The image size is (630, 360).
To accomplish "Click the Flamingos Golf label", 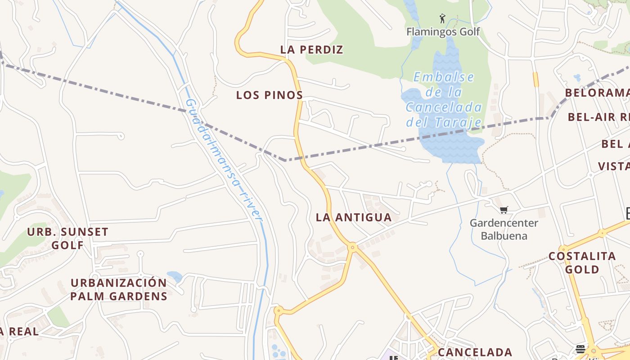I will [443, 31].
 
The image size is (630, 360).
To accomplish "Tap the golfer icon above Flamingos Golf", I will [443, 19].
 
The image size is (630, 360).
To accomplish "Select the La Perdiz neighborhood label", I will [312, 49].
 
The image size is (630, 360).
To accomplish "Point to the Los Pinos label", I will [270, 95].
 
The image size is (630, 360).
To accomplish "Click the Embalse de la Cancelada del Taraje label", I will [444, 99].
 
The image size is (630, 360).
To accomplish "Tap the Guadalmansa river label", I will [224, 160].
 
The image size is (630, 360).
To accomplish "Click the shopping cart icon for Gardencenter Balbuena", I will [504, 210].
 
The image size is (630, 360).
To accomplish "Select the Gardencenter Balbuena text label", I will [504, 229].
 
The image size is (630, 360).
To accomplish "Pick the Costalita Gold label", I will [582, 263].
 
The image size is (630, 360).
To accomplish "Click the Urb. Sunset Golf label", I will [68, 238].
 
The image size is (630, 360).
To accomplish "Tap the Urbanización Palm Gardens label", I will [119, 289].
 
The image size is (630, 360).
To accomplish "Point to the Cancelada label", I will [475, 352].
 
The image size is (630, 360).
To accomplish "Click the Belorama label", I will [597, 93].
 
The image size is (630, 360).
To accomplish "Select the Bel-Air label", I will [598, 117].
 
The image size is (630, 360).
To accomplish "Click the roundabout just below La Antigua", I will [353, 247].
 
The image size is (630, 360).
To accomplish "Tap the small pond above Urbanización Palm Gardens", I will [175, 276].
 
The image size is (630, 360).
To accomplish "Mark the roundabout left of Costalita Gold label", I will [563, 248].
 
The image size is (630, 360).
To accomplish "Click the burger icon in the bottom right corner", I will [580, 349].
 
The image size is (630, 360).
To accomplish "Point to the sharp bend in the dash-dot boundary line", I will [285, 160].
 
